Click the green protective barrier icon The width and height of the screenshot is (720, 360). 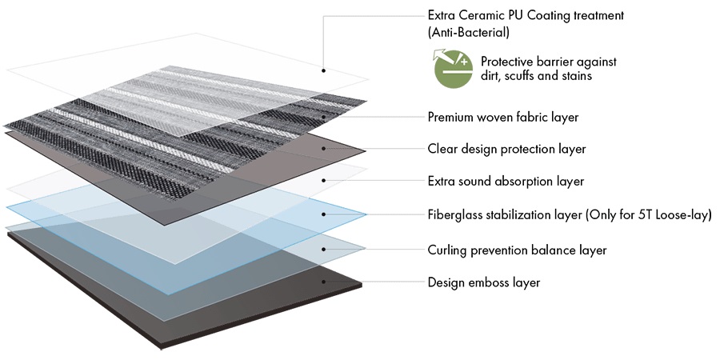click(x=454, y=68)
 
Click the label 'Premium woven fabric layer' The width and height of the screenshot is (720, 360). click(x=503, y=117)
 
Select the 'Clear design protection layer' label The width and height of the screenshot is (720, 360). click(x=506, y=150)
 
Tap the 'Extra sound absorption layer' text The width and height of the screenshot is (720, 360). click(x=506, y=182)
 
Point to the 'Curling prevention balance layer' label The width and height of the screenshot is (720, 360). click(x=517, y=250)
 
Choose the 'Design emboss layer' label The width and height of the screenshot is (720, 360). click(x=484, y=282)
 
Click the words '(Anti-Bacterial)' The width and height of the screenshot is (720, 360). click(x=468, y=33)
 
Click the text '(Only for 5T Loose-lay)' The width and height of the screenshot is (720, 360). click(x=649, y=215)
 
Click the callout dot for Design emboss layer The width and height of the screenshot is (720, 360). click(x=324, y=282)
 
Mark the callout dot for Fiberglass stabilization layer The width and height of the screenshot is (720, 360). click(x=324, y=214)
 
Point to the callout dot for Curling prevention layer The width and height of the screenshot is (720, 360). click(x=324, y=250)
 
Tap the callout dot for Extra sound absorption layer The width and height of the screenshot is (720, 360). click(x=324, y=181)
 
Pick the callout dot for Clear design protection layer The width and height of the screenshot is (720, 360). click(x=324, y=149)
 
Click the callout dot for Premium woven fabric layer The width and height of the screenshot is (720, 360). click(x=324, y=117)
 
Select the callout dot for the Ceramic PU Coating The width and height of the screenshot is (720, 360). click(x=324, y=70)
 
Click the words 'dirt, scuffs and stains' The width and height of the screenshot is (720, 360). click(x=536, y=76)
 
